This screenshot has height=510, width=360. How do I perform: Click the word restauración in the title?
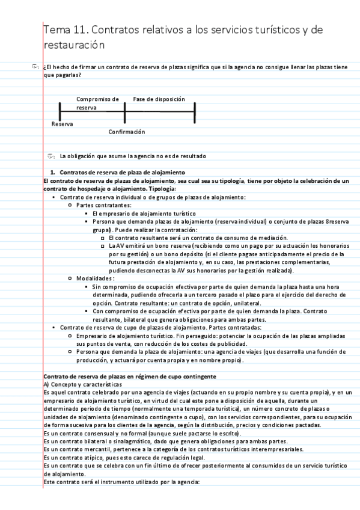click(75, 45)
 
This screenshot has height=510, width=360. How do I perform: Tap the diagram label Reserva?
click(63, 124)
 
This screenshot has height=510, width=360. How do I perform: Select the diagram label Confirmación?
click(127, 132)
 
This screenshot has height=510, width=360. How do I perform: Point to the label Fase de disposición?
click(159, 99)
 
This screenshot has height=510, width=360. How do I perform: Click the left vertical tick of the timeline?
click(60, 111)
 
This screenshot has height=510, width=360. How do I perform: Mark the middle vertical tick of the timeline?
click(124, 111)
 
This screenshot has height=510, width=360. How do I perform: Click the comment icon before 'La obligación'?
click(51, 156)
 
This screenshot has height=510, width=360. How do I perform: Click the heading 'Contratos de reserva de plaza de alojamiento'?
click(114, 173)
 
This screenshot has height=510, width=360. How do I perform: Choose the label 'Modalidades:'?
click(95, 278)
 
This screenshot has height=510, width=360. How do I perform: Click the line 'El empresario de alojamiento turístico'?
click(144, 213)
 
